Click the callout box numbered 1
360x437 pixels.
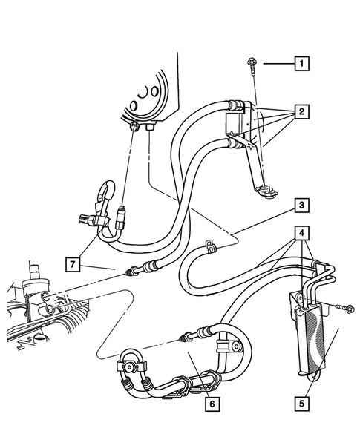(x=300, y=64)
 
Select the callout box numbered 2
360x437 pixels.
(x=300, y=113)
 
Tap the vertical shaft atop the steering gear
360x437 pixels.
(x=34, y=268)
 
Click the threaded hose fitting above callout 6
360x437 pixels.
(x=183, y=340)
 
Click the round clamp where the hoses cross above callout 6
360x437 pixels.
(x=232, y=345)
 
